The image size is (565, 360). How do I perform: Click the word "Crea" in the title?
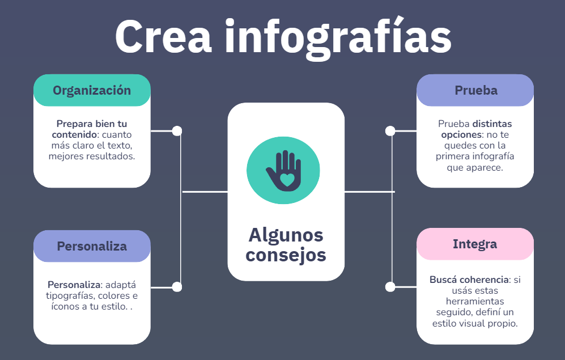[163, 37]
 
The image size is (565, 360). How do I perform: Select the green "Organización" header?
[92, 90]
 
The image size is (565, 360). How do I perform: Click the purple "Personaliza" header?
[92, 246]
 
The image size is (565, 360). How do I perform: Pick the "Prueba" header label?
[476, 90]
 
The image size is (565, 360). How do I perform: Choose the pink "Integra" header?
[475, 244]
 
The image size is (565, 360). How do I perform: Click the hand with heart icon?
[283, 171]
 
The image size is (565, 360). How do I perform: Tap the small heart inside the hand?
[287, 179]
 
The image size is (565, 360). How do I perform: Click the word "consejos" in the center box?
[286, 255]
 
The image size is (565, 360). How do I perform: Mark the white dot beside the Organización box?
[177, 131]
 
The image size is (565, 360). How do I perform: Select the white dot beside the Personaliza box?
[177, 287]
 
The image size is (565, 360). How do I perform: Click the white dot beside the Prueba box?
[390, 131]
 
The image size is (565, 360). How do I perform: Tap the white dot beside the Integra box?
[390, 287]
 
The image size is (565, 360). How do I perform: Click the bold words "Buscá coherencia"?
[469, 279]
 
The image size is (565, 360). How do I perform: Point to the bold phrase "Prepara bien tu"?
[92, 124]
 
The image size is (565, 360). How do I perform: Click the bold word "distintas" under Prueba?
[492, 124]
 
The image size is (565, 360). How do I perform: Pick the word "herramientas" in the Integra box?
[475, 301]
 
